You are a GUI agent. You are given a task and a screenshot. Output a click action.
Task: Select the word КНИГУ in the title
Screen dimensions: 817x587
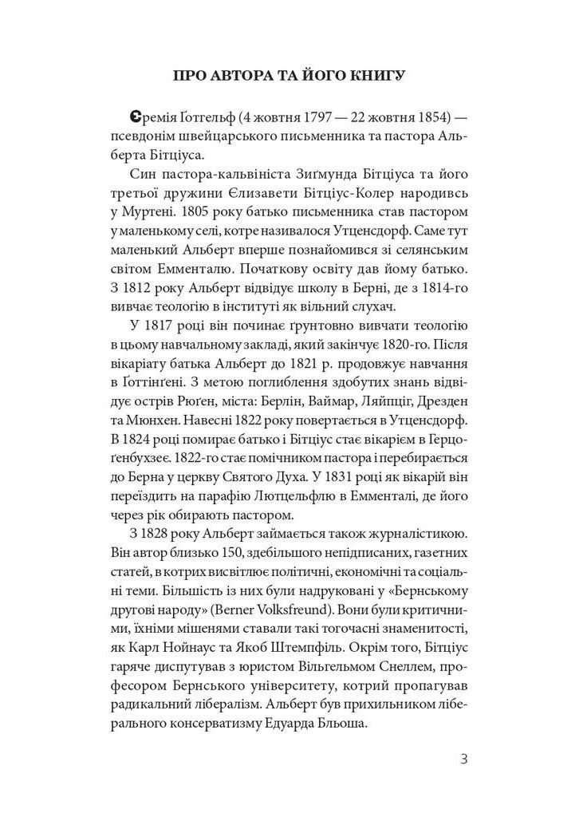pos(375,77)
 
